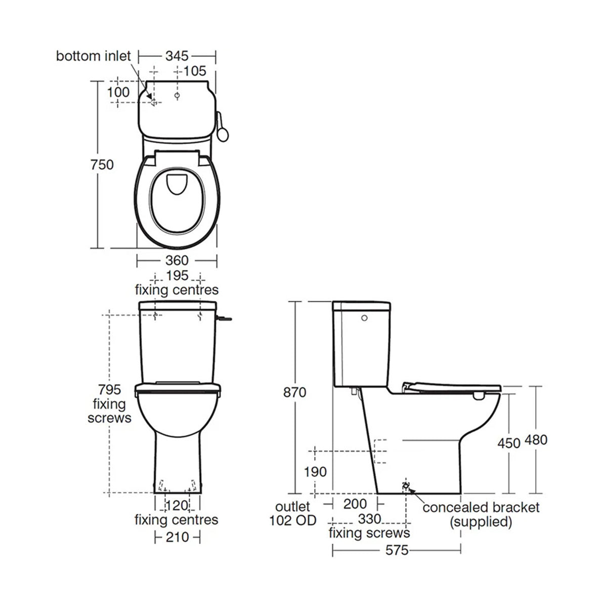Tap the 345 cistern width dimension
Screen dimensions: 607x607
pyautogui.click(x=177, y=55)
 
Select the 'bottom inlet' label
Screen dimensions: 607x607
pyautogui.click(x=93, y=56)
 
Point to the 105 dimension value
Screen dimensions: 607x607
pyautogui.click(x=195, y=70)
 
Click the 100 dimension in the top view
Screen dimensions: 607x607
pyautogui.click(x=118, y=92)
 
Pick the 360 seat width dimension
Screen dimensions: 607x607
pyautogui.click(x=177, y=261)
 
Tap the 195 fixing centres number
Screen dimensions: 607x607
pyautogui.click(x=177, y=276)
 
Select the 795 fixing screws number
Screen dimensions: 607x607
pyautogui.click(x=110, y=390)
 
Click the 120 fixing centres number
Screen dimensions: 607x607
pyautogui.click(x=177, y=505)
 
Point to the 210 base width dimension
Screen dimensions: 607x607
pyautogui.click(x=177, y=536)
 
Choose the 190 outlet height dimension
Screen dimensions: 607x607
pyautogui.click(x=315, y=472)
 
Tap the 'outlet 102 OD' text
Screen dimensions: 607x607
pyautogui.click(x=293, y=513)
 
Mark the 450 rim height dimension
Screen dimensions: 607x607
pyautogui.click(x=508, y=442)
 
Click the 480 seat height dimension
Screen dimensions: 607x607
pyautogui.click(x=536, y=440)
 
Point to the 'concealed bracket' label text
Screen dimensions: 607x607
pyautogui.click(x=481, y=507)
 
